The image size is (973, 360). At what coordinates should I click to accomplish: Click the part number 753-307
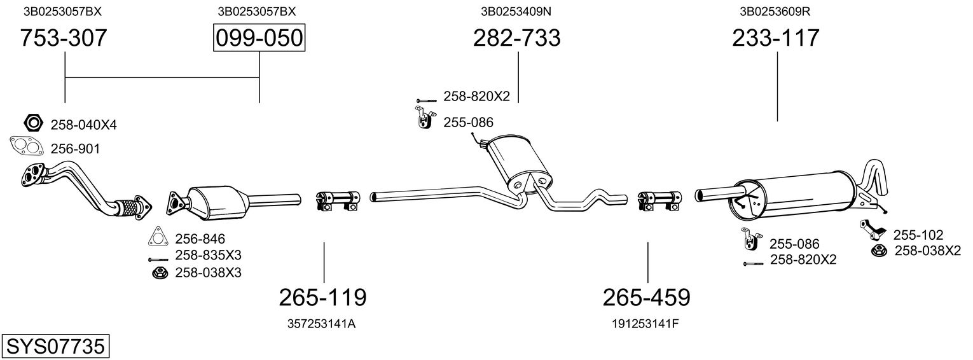[64, 39]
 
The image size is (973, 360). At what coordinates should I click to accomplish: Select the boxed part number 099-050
[259, 39]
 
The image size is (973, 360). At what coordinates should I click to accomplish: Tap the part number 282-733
[516, 39]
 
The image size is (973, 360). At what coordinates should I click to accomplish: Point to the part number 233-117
[776, 39]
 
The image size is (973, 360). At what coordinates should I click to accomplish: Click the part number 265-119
[323, 297]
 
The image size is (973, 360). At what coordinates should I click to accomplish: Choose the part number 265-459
[646, 297]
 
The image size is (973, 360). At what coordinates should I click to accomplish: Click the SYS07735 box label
[55, 347]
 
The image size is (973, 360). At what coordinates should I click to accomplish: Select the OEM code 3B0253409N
[516, 11]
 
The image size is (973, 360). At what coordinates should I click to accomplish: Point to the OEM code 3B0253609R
[775, 11]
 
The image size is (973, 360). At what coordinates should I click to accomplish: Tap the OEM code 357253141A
[322, 324]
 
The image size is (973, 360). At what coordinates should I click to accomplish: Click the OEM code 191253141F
[645, 324]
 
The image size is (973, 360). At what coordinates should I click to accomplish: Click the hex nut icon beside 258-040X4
[32, 122]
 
